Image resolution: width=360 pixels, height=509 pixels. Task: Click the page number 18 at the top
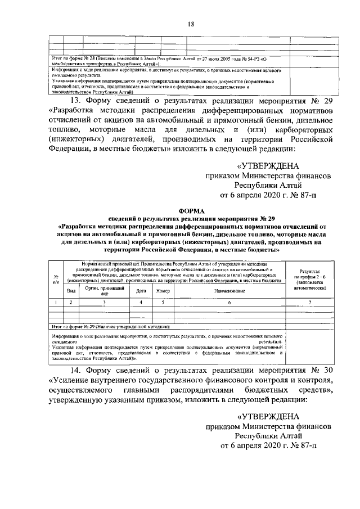tap(191, 24)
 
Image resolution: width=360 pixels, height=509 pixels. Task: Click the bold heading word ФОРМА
tap(191, 209)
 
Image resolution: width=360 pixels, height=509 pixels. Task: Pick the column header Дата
tap(141, 291)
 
